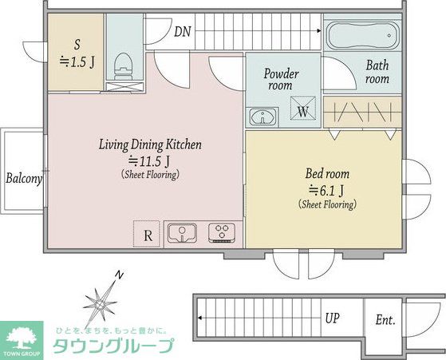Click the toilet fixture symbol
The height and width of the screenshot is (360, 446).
coord(124,66)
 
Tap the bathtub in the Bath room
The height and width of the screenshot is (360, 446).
coord(362,36)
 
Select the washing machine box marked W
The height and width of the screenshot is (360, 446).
coord(303,108)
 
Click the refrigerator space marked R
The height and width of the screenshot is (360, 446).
coord(147,234)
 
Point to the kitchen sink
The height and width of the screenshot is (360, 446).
coord(182,233)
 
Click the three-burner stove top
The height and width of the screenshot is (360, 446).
coord(222,232)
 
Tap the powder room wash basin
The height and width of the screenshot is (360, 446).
coord(262,117)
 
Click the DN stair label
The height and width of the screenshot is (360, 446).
coord(183,32)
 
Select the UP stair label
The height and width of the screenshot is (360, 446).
coord(332,318)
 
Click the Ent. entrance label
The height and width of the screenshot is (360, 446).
coord(385,320)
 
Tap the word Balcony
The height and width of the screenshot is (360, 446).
coord(24,179)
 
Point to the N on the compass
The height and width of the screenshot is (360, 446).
coord(120,275)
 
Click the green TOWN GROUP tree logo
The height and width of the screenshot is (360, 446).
coord(22,340)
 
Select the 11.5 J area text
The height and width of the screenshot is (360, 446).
coord(149,161)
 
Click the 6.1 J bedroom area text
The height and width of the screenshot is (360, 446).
coord(326,191)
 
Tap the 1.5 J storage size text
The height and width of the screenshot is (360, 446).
coord(77,61)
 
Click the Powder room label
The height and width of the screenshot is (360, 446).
coord(281,79)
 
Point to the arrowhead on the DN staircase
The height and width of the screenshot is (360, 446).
coord(319,31)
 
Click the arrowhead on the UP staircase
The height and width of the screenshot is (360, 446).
coord(200,318)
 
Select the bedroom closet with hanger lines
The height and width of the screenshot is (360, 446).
coord(362,112)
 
